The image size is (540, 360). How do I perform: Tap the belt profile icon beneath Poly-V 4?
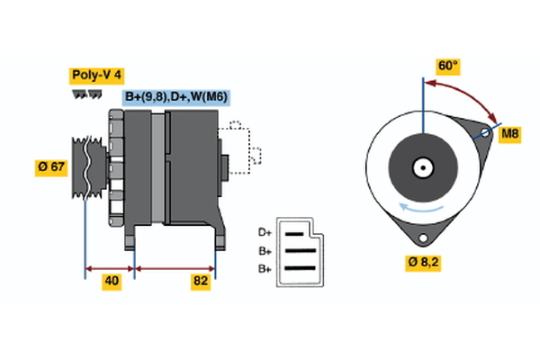click(x=84, y=94)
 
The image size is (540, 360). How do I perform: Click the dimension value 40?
click(x=112, y=282)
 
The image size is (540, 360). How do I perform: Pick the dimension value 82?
click(x=201, y=282)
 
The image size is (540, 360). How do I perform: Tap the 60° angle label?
click(x=447, y=66)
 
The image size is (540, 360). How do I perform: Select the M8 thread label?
click(x=510, y=134)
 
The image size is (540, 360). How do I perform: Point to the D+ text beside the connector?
click(x=265, y=232)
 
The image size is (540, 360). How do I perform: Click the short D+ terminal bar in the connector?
click(x=295, y=232)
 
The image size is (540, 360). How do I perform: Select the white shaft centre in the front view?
click(x=421, y=166)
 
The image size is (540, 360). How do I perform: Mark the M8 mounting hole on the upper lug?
click(x=485, y=134)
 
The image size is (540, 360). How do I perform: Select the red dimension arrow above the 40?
click(x=110, y=267)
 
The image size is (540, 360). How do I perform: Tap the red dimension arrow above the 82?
click(x=175, y=267)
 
